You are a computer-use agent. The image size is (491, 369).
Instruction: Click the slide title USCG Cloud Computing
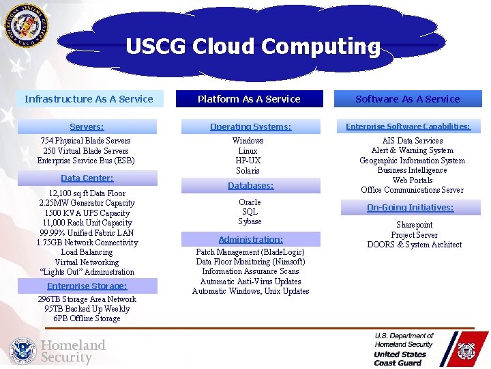pyautogui.click(x=253, y=46)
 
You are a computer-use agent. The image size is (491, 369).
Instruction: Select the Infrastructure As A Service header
pyautogui.click(x=89, y=99)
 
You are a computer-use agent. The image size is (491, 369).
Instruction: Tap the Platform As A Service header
pyautogui.click(x=249, y=99)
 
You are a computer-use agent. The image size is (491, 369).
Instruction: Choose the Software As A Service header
pyautogui.click(x=408, y=99)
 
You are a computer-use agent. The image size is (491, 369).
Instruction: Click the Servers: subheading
pyautogui.click(x=87, y=126)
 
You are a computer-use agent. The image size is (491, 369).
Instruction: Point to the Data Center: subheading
pyautogui.click(x=87, y=178)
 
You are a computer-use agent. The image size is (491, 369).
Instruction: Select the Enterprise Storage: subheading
pyautogui.click(x=87, y=286)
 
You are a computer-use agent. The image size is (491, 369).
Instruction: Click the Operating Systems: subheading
pyautogui.click(x=250, y=126)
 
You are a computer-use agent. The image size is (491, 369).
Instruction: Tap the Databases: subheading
pyautogui.click(x=250, y=185)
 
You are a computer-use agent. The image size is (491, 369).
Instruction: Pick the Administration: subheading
pyautogui.click(x=250, y=239)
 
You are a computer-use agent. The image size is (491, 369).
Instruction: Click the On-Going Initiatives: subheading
pyautogui.click(x=410, y=207)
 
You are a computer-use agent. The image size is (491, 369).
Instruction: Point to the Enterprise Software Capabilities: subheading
pyautogui.click(x=408, y=126)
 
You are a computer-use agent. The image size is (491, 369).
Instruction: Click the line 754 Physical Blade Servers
pyautogui.click(x=86, y=141)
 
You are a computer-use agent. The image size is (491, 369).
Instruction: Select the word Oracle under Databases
pyautogui.click(x=250, y=202)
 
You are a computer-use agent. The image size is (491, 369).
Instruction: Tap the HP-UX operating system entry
pyautogui.click(x=248, y=161)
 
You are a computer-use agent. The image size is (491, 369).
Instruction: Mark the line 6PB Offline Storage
pyautogui.click(x=87, y=318)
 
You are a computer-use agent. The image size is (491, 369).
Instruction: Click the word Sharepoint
pyautogui.click(x=414, y=225)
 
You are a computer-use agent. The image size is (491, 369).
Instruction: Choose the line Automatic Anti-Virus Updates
pyautogui.click(x=250, y=282)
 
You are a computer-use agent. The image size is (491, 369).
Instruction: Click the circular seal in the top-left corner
pyautogui.click(x=27, y=27)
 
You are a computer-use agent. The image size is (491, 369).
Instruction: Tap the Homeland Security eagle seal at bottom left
pyautogui.click(x=23, y=351)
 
